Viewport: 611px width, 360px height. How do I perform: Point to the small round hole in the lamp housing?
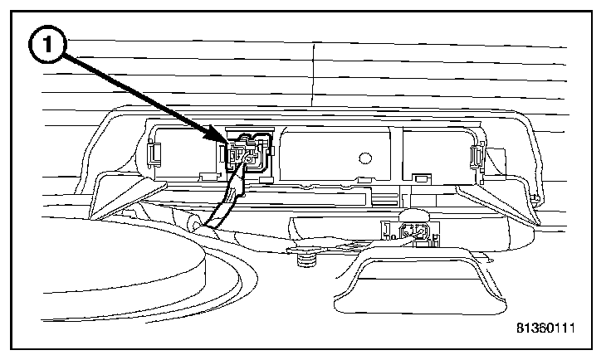[x=364, y=156]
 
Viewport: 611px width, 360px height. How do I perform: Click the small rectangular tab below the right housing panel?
[x=421, y=177]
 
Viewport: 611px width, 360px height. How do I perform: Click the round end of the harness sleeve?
[x=193, y=223]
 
